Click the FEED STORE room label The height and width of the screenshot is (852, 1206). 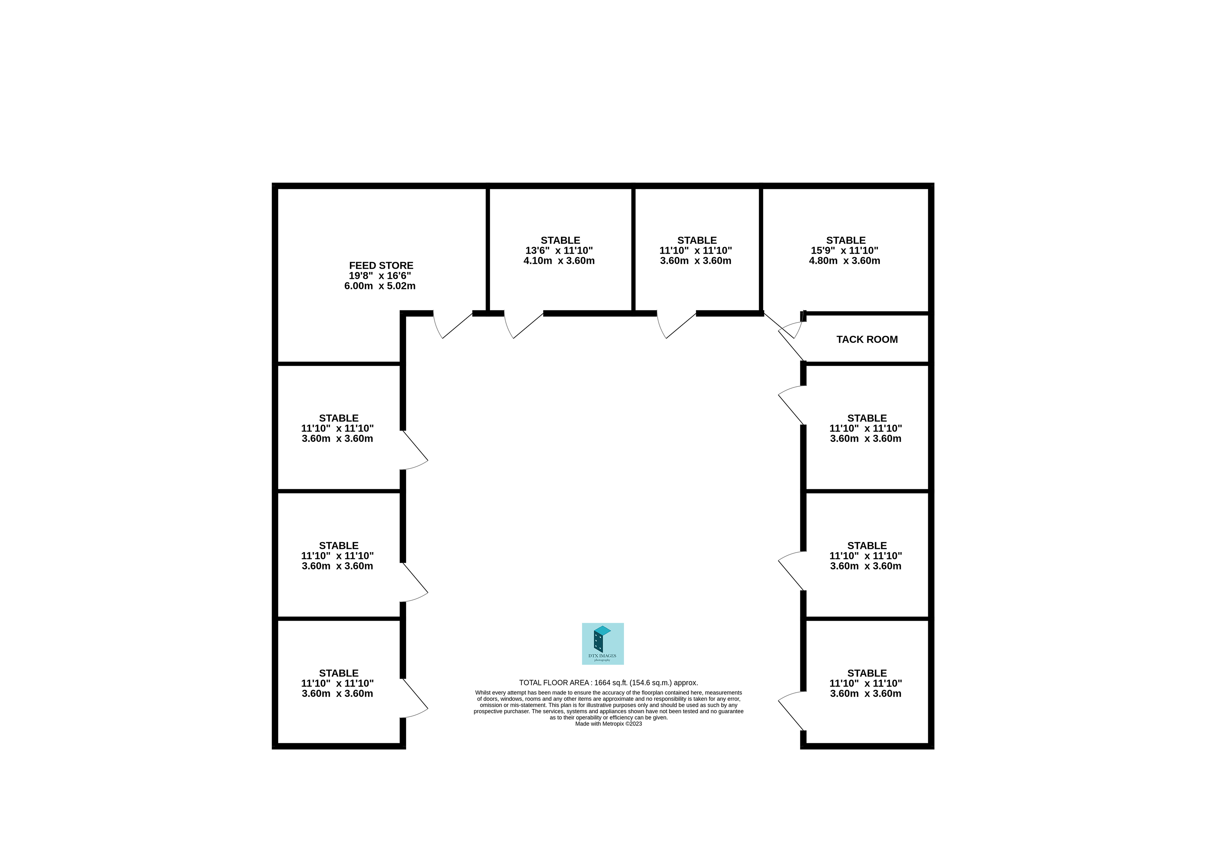[381, 266]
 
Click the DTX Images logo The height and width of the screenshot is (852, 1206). [602, 643]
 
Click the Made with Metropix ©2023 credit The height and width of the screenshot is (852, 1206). [608, 724]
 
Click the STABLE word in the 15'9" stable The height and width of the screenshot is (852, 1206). [845, 240]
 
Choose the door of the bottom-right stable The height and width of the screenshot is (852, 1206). [790, 711]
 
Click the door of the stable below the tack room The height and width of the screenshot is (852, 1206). [790, 406]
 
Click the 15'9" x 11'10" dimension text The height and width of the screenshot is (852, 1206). [844, 251]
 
